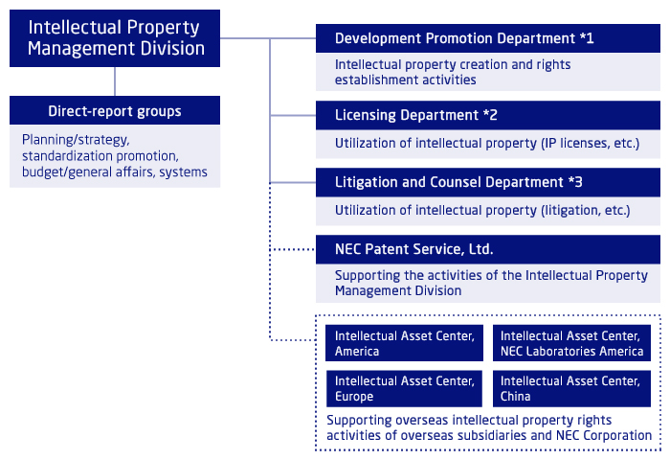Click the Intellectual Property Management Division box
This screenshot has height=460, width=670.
point(115,38)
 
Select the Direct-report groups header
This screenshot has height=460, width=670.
point(115,110)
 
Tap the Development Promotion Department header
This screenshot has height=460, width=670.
point(488,38)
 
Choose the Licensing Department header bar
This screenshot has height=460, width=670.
point(488,115)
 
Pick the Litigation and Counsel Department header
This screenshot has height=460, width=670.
point(488,182)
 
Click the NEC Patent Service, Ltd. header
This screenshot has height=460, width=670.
point(488,249)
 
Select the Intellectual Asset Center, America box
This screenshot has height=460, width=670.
point(404,343)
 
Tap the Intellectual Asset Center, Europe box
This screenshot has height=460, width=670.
point(404,388)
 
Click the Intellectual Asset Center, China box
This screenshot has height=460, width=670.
point(571,388)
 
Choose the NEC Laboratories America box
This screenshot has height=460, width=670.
point(571,343)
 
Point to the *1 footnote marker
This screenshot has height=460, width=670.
point(587,38)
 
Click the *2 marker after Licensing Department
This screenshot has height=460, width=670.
point(490,115)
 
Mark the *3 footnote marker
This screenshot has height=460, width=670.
point(575,182)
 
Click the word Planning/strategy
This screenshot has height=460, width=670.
point(76,140)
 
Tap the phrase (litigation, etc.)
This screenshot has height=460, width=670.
point(586,211)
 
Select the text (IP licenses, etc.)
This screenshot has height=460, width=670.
point(591,144)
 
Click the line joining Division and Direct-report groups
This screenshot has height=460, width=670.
point(115,81)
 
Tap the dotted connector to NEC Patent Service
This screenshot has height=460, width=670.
point(293,249)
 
